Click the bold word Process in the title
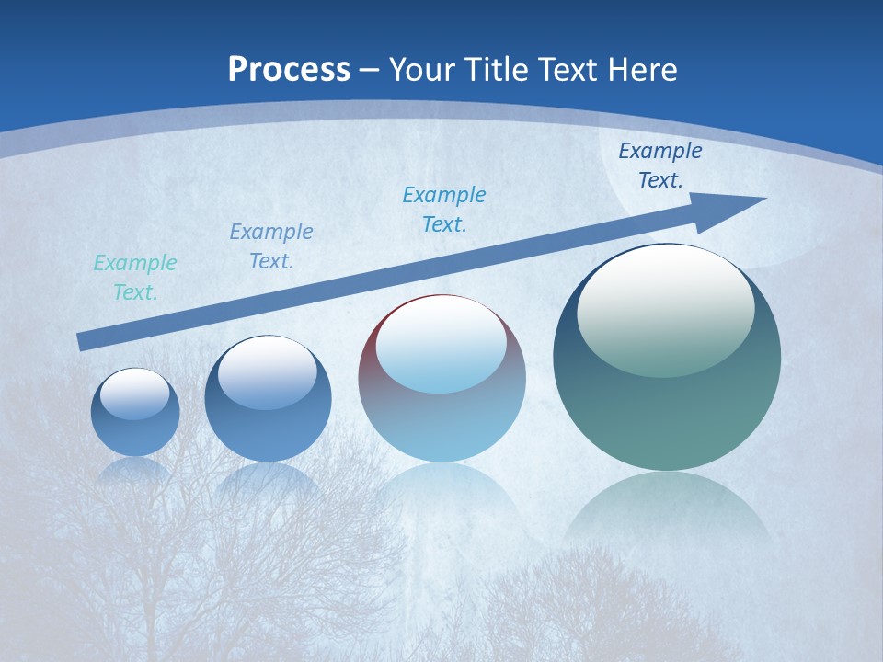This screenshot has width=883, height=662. (x=289, y=70)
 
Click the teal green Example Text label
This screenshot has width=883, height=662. (x=135, y=278)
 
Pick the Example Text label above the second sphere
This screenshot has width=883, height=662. (x=271, y=246)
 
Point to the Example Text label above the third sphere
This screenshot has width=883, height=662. (x=444, y=209)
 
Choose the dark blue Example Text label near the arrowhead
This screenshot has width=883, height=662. (x=659, y=165)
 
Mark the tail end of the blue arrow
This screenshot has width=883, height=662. (x=83, y=342)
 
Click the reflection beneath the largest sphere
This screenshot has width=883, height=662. (x=667, y=506)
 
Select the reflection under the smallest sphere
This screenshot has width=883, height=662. (x=135, y=469)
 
